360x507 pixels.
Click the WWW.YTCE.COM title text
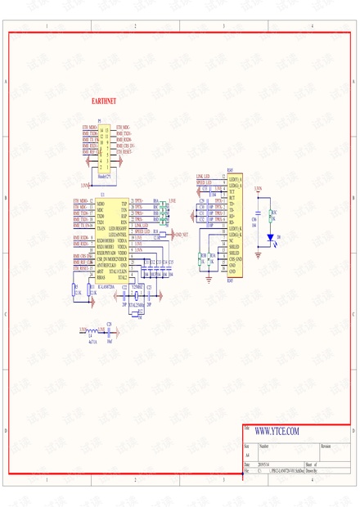click(x=277, y=431)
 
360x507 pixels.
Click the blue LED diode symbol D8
click(x=271, y=237)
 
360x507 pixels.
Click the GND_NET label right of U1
click(x=179, y=233)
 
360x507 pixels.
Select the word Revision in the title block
click(x=326, y=446)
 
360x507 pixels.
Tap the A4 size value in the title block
click(x=247, y=455)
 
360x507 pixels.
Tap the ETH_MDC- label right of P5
click(x=124, y=128)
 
